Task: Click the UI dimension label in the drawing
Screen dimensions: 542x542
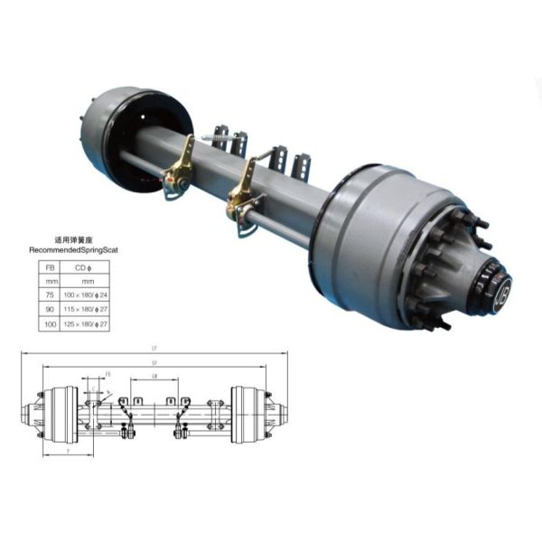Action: (x=154, y=377)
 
